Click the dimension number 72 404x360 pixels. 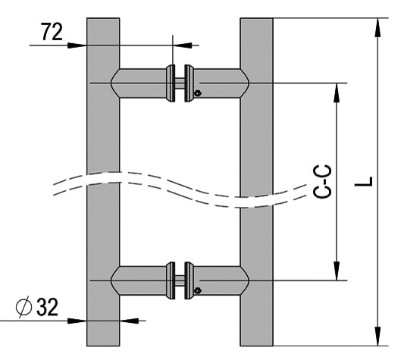click(52, 32)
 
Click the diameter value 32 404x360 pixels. click(47, 307)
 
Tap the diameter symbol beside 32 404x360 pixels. click(23, 307)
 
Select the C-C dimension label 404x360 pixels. click(322, 181)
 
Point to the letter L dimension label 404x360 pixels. click(364, 181)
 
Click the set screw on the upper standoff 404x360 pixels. click(198, 93)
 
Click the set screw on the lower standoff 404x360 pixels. click(198, 291)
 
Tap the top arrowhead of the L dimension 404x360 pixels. click(377, 28)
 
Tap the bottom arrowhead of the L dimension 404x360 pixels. click(377, 336)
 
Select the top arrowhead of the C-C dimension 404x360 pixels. click(337, 92)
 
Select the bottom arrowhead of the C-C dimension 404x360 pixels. click(337, 271)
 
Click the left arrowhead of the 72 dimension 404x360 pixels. click(77, 45)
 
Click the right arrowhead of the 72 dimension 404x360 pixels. click(183, 45)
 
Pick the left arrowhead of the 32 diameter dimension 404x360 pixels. click(77, 321)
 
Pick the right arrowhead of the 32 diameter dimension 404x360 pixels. click(130, 321)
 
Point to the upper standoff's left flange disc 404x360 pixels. click(171, 83)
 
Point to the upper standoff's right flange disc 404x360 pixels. click(189, 83)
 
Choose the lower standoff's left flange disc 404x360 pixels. click(171, 280)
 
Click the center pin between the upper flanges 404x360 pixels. click(180, 83)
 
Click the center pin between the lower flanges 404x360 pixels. click(180, 280)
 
